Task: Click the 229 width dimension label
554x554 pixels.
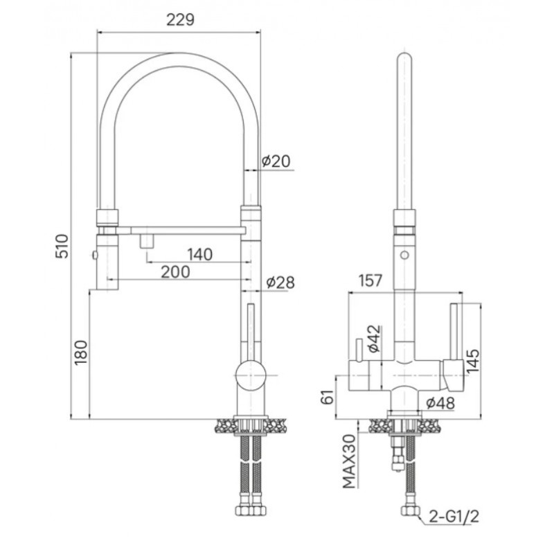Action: (180, 20)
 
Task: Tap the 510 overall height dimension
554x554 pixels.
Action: (62, 246)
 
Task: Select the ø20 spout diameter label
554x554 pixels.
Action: (276, 161)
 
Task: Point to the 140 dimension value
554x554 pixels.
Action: (200, 254)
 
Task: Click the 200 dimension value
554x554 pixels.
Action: (176, 271)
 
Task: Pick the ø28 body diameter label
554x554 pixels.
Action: (280, 283)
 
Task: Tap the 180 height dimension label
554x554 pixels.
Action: (81, 352)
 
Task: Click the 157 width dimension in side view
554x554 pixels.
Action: (370, 280)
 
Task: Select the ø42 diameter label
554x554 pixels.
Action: (375, 339)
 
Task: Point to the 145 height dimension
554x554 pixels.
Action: (473, 360)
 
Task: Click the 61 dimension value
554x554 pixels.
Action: (328, 397)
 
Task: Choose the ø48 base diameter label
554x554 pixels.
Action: (440, 403)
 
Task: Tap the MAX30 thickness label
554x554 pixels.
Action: (350, 461)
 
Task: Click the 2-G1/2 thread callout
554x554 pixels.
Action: (454, 517)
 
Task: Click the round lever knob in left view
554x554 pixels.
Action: (251, 375)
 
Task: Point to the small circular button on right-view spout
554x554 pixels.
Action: (404, 255)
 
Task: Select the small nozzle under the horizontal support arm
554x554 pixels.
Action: (147, 241)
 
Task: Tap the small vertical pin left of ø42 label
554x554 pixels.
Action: (359, 350)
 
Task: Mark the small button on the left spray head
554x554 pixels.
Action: (94, 255)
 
